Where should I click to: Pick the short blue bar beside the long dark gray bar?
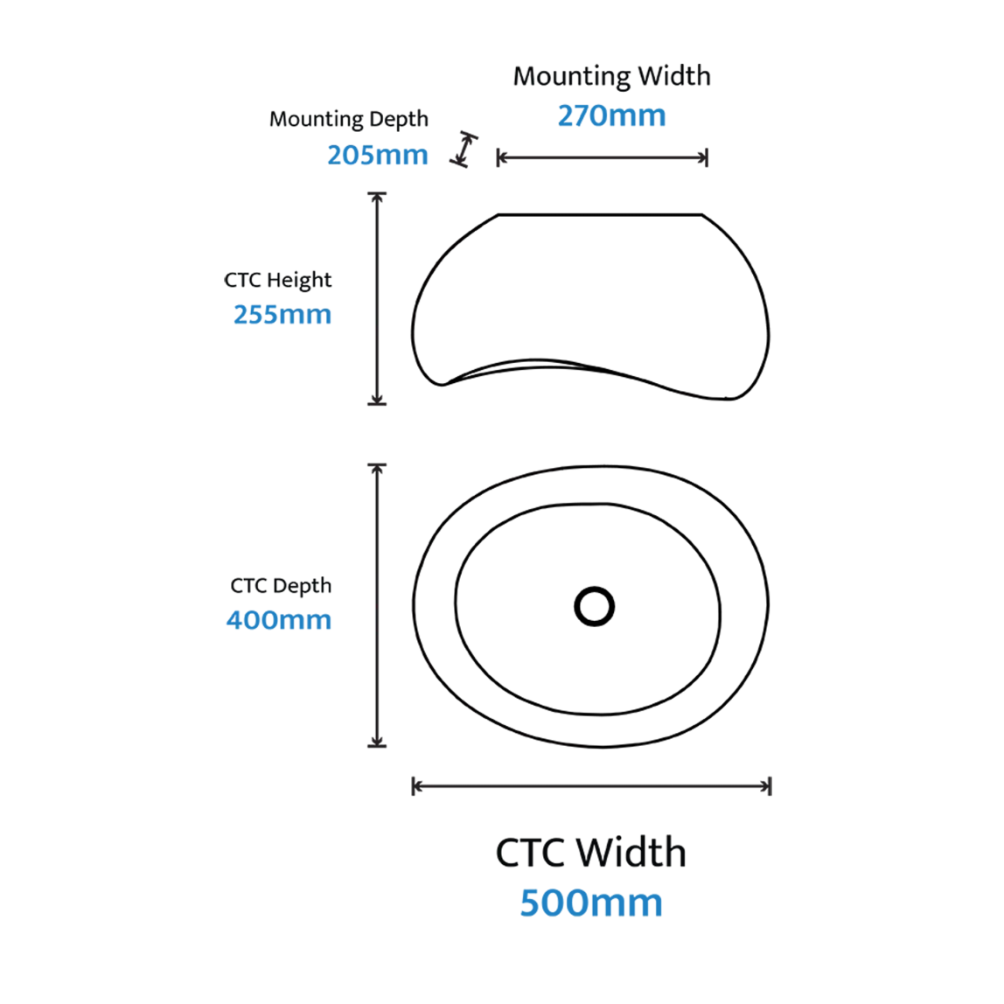point(386,154)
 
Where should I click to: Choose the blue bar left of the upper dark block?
point(301,315)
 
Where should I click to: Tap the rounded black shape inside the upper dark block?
point(700,302)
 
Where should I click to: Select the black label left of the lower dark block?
point(300,586)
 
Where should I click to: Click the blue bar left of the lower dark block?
point(298,621)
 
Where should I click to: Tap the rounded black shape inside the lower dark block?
point(700,608)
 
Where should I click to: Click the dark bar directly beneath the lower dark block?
point(591,784)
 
